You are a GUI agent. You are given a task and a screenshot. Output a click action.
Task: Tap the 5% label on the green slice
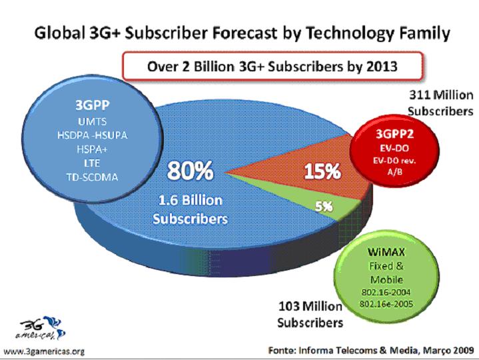(325, 207)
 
